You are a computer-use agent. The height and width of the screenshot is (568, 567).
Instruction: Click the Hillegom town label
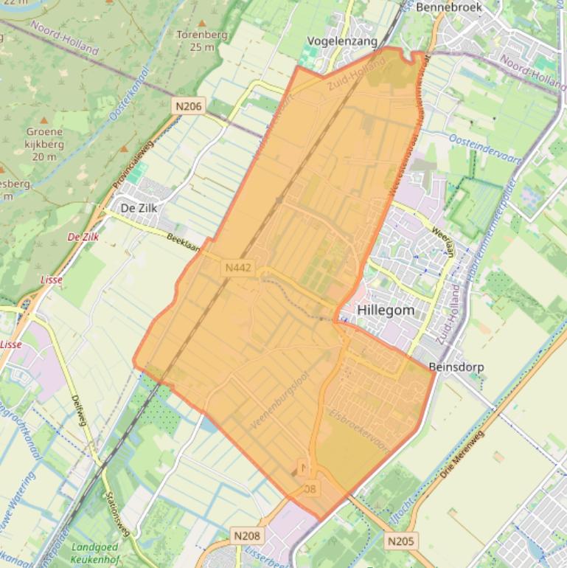385,311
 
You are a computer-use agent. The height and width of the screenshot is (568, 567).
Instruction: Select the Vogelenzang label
341,41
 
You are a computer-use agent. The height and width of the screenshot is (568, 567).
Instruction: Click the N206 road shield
189,106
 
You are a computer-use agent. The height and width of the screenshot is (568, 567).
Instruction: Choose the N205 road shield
401,541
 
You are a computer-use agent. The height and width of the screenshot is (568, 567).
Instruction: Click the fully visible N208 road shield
246,536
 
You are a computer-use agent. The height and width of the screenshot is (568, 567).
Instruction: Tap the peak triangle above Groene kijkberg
44,120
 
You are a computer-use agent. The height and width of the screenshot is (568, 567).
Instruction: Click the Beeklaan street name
184,243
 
